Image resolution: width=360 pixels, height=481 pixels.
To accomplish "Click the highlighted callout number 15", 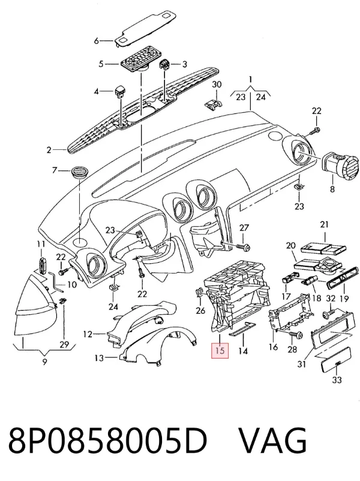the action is coord(220,351).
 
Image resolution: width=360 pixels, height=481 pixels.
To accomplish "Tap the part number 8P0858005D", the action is coord(108,441).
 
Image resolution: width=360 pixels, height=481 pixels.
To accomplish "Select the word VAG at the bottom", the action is coord(273,441).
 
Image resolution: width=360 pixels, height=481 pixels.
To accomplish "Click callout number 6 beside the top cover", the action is coord(97,41).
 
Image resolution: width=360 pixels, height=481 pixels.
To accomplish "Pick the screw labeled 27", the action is coord(243,246).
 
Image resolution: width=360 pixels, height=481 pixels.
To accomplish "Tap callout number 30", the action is coord(217,85).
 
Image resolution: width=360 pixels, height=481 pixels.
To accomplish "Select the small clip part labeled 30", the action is coord(213,104).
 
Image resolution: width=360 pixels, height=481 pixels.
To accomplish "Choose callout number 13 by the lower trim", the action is coord(100,357).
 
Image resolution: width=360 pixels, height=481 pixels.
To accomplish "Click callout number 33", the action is coord(337,380).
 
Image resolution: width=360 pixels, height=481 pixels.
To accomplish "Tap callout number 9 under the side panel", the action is coord(45,362).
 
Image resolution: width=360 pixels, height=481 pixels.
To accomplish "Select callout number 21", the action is coord(325,224).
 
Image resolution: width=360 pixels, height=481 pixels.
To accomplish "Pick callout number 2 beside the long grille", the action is coord(49,150).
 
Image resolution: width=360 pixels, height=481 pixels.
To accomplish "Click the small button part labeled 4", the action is coord(119,91).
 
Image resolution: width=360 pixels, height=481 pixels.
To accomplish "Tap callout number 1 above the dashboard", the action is coord(251,80).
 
